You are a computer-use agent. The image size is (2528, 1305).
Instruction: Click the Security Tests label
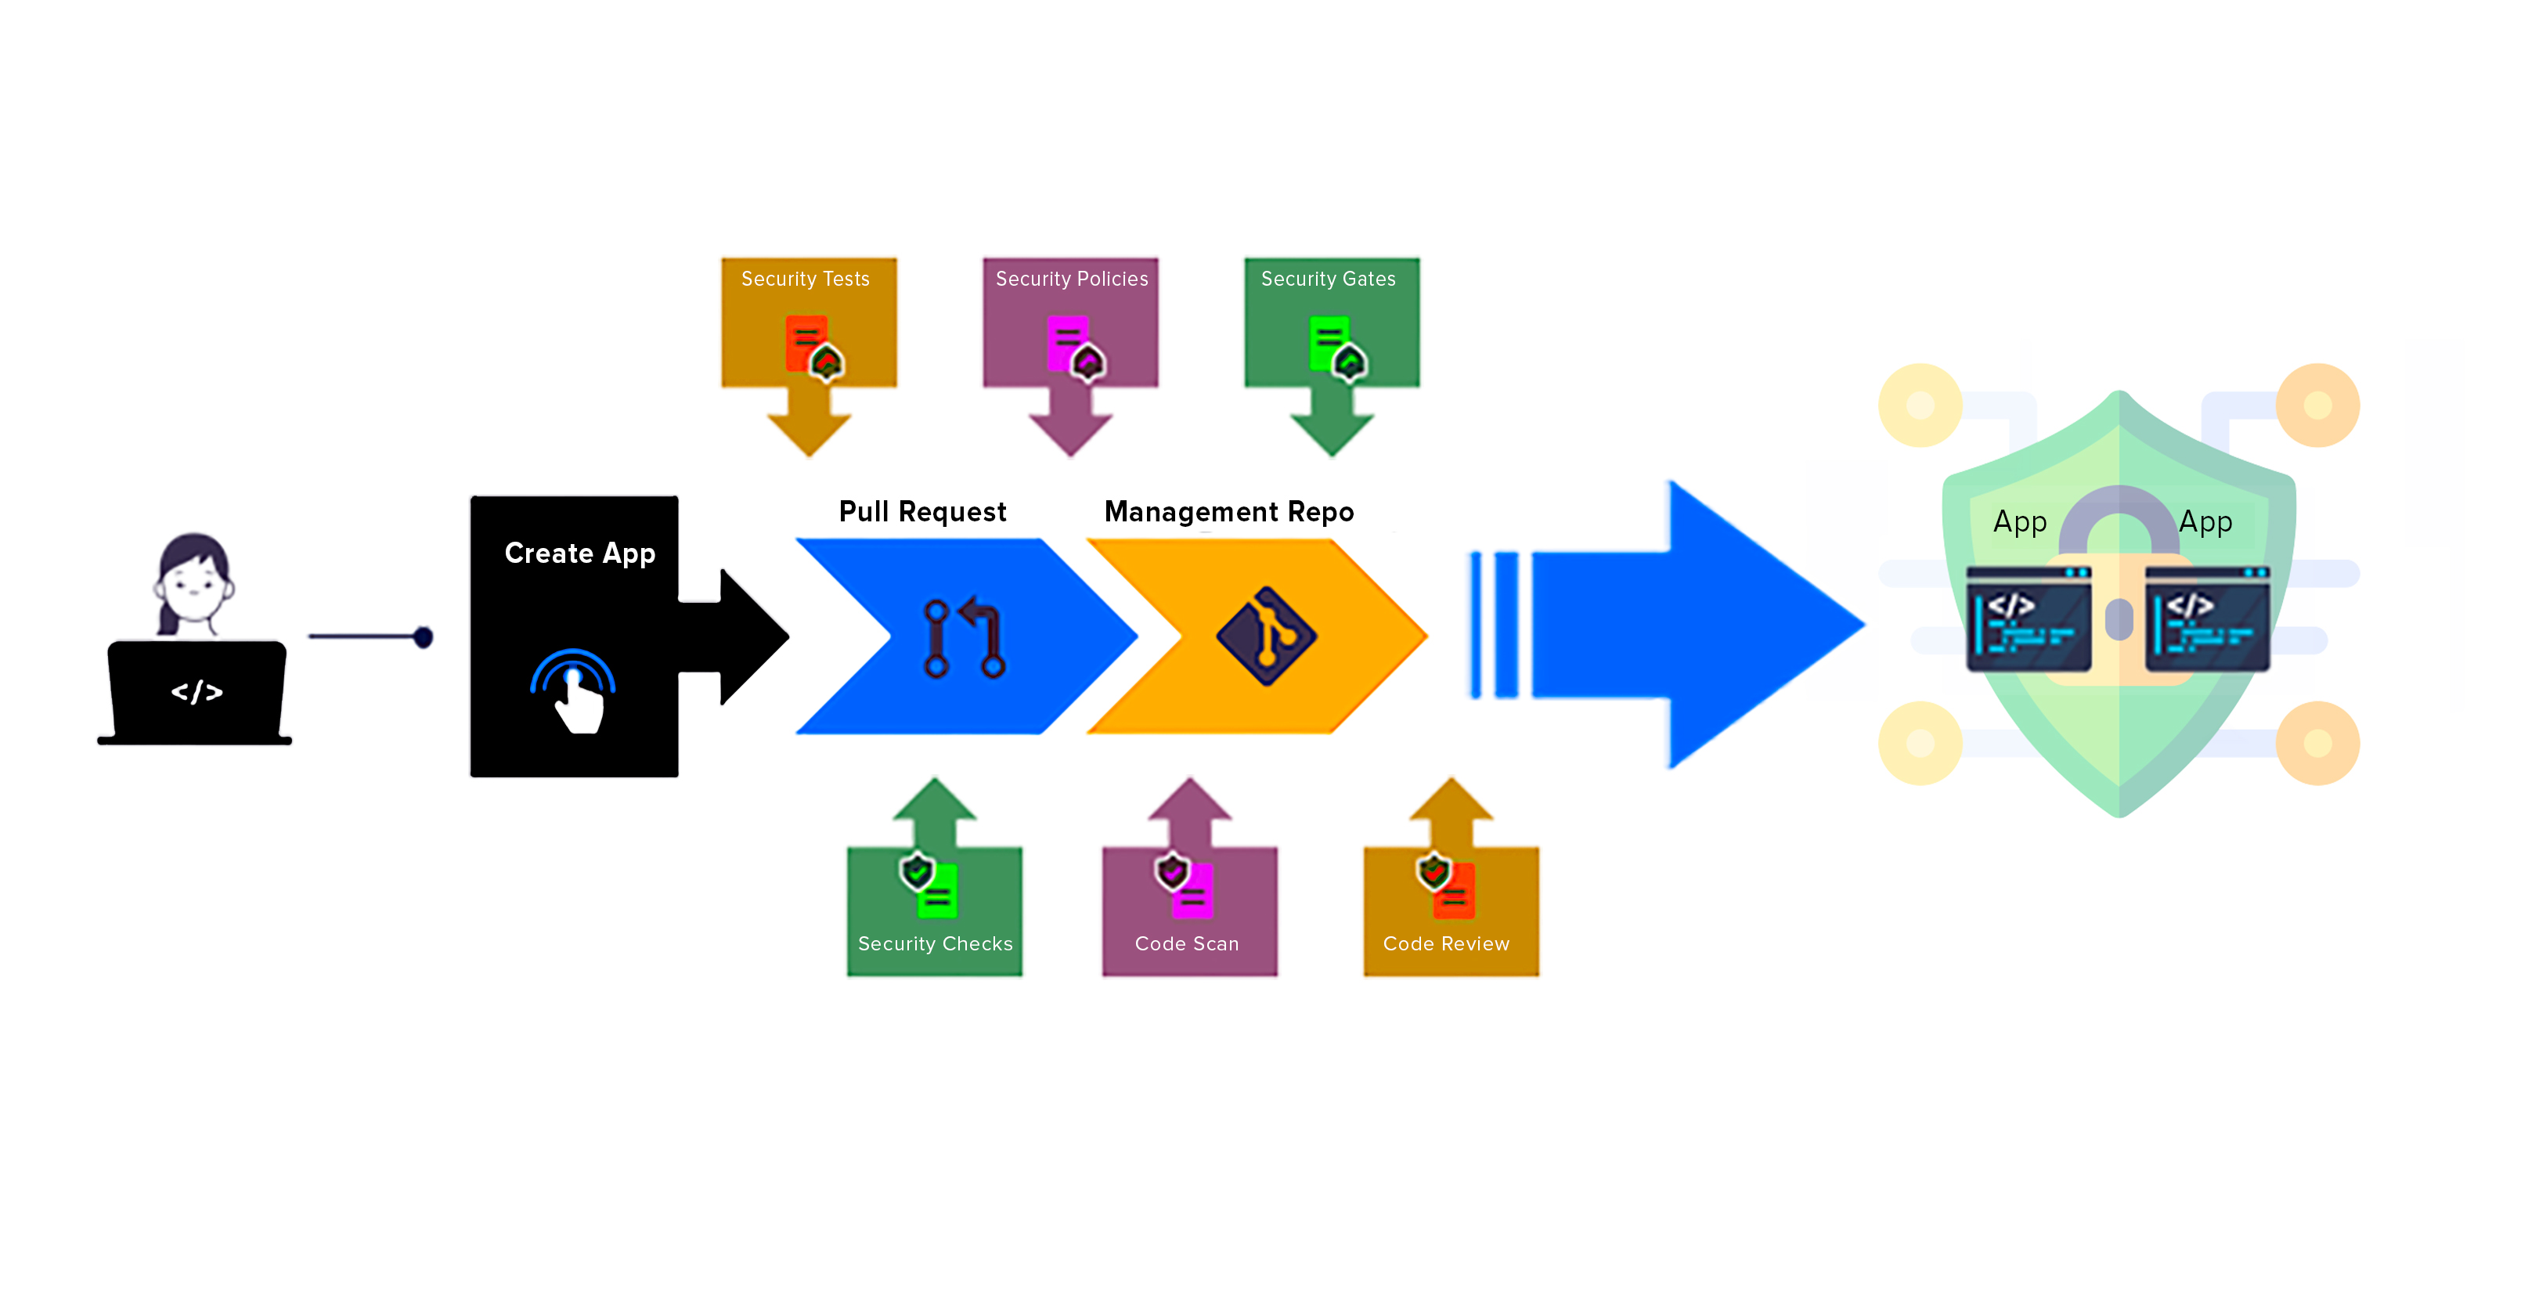[805, 279]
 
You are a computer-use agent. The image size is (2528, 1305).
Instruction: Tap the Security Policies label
[1071, 279]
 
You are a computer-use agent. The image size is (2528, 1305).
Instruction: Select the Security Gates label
[1328, 279]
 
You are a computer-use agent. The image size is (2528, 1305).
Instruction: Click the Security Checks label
[934, 944]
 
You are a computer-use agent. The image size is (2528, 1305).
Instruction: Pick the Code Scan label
[1186, 944]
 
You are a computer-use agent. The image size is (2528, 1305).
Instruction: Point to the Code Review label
[1445, 944]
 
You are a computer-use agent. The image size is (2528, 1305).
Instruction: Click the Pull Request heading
[921, 512]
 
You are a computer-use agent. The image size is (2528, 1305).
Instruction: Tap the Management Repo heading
[1228, 512]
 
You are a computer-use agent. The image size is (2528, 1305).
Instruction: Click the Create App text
[579, 553]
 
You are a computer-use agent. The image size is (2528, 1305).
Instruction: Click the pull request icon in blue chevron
[964, 638]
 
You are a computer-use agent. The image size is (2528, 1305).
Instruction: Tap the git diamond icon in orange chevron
[1266, 636]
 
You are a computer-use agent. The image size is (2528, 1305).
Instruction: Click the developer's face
[193, 584]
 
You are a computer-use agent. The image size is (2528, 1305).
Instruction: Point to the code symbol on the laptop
[197, 693]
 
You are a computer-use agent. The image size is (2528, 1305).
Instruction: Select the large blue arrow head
[1757, 624]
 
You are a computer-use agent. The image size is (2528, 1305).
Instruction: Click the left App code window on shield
[2028, 620]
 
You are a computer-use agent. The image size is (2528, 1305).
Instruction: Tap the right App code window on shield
[2207, 620]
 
